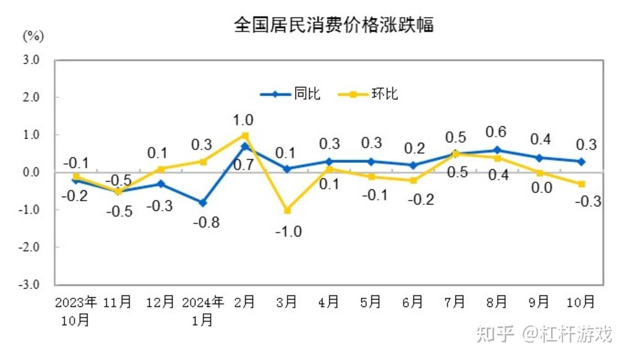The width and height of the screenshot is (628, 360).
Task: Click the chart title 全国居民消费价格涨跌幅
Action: pos(333,25)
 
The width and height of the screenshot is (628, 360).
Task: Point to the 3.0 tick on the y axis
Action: pos(31,60)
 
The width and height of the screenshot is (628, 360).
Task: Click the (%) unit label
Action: pos(32,36)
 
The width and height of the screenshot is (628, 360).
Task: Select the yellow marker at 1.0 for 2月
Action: pos(244,135)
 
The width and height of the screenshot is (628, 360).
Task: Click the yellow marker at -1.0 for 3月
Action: pos(286,210)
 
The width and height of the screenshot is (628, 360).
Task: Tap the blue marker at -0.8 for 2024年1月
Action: pos(203,203)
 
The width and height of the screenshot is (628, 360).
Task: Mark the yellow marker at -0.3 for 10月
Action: pos(581,184)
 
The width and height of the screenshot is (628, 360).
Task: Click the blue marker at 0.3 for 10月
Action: pos(581,162)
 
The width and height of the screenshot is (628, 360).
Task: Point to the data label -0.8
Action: pos(206,222)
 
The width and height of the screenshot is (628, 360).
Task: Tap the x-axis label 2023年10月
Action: pos(76,311)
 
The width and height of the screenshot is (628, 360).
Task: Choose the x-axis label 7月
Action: pos(454,302)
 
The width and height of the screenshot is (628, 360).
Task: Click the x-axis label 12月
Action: pos(160,302)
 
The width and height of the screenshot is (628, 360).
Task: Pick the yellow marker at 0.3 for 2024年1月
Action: pos(203,162)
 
